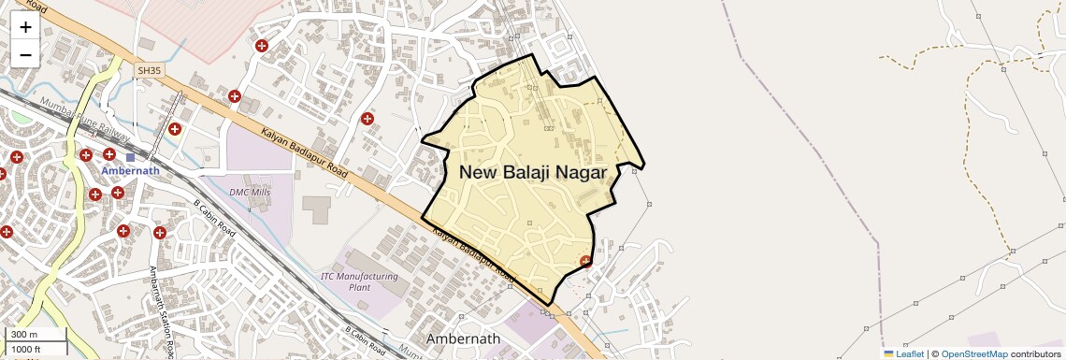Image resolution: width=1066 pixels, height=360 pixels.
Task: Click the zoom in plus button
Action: tap(25, 27)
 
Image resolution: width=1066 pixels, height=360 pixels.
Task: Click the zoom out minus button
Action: tap(25, 54)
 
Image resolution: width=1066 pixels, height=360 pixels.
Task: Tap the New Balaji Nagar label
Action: tap(533, 172)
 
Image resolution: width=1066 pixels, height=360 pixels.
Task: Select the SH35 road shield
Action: tap(149, 70)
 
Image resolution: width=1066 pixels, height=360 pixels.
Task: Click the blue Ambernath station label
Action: tap(130, 171)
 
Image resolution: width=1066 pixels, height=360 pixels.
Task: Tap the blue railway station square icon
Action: tap(130, 158)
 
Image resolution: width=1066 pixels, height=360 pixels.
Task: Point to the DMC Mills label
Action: tap(250, 192)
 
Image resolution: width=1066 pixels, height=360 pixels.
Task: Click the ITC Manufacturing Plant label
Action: tap(359, 281)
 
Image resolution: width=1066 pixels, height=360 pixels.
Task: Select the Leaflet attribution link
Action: tap(903, 353)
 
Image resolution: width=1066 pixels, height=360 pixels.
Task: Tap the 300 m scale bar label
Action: tap(24, 335)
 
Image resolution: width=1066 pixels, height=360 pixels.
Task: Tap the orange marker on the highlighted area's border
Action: tap(585, 261)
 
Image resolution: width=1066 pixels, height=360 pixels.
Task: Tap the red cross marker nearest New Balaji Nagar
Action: tap(367, 119)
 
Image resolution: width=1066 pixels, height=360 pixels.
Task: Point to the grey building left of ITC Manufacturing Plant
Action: tap(316, 209)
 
